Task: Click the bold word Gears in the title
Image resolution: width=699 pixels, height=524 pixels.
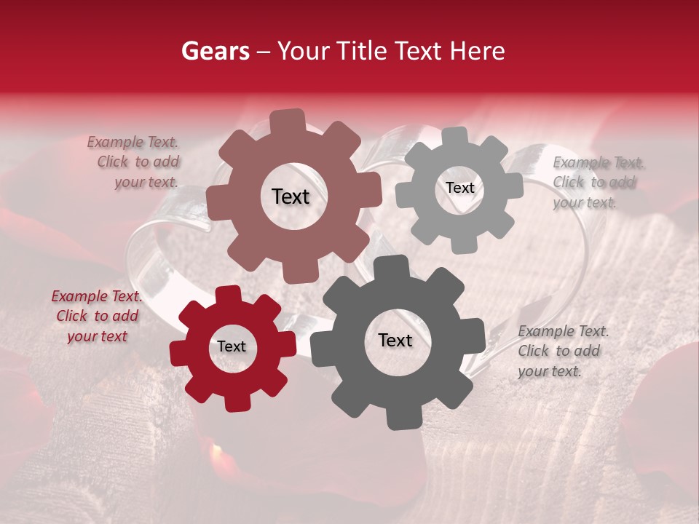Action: (215, 51)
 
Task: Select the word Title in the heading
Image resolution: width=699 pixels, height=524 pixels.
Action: (361, 51)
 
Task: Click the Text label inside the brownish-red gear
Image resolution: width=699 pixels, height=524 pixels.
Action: (291, 196)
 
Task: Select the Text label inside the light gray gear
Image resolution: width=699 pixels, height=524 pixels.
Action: (459, 188)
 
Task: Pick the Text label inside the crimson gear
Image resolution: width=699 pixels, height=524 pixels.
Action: (232, 346)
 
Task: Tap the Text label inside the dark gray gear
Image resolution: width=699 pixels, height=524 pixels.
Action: (395, 340)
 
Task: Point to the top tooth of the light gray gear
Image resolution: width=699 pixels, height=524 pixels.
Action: (455, 136)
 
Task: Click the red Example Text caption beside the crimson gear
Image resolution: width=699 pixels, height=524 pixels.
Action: (97, 317)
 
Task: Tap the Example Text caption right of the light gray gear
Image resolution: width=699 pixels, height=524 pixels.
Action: (598, 182)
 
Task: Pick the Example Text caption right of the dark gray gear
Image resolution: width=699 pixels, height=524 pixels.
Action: (561, 351)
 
